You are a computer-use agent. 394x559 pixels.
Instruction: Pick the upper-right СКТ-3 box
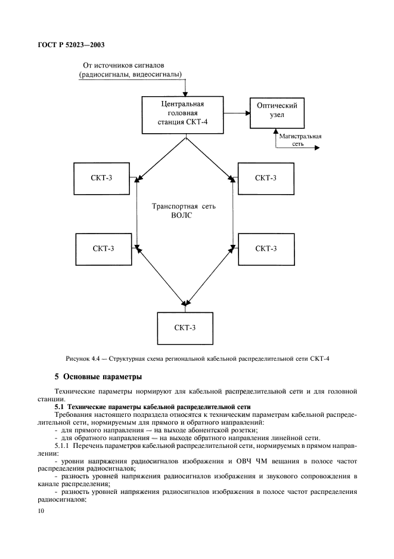(266, 177)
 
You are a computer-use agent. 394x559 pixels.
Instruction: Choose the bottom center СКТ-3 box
(185, 328)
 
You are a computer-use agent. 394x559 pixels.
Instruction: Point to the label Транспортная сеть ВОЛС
(185, 211)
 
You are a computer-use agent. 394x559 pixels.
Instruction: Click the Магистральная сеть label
(300, 140)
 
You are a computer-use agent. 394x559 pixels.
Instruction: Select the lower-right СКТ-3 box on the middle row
(266, 248)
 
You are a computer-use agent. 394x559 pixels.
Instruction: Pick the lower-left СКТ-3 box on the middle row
(104, 248)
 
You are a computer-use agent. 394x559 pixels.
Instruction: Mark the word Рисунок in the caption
(77, 358)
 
